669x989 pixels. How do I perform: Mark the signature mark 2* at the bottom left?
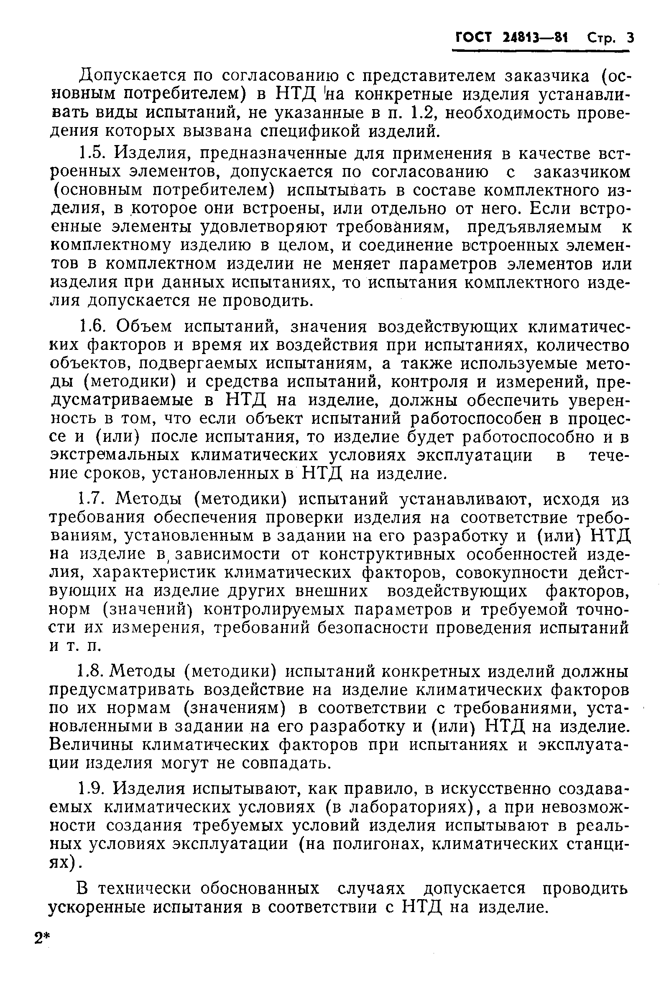pyautogui.click(x=42, y=938)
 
